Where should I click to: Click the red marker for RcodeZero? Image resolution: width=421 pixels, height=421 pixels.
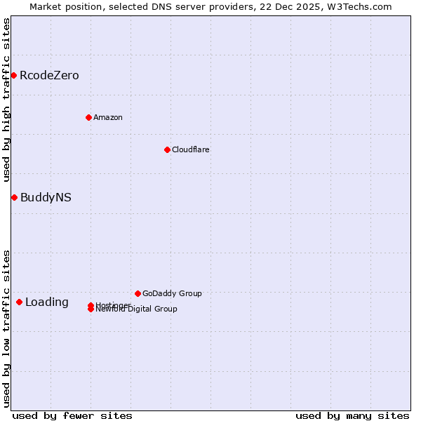(13, 75)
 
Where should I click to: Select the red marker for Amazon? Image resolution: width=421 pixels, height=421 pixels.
(88, 117)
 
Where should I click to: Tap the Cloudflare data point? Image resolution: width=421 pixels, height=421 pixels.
(167, 149)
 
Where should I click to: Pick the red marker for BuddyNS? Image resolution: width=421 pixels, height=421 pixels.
(14, 197)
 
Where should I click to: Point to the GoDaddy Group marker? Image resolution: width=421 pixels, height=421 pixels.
(138, 293)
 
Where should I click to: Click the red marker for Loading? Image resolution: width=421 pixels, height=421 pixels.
(19, 302)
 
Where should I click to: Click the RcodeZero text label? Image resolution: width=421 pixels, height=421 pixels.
(49, 75)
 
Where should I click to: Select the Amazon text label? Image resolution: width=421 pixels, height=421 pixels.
(108, 117)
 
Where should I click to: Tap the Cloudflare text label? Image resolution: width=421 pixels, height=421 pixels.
(191, 149)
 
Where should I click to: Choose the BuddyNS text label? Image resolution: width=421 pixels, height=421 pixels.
(46, 197)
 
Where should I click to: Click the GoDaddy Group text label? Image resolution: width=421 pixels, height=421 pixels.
(172, 293)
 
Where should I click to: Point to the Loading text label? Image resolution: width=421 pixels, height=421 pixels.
(47, 302)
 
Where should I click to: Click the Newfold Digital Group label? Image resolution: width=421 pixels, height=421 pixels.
(137, 309)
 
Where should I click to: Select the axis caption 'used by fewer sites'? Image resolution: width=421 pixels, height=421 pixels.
(72, 415)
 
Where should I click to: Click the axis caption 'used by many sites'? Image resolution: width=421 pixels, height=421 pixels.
(352, 415)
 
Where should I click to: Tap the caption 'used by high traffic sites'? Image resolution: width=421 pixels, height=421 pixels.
(7, 100)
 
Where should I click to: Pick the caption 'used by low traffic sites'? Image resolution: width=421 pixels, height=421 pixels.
(7, 328)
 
